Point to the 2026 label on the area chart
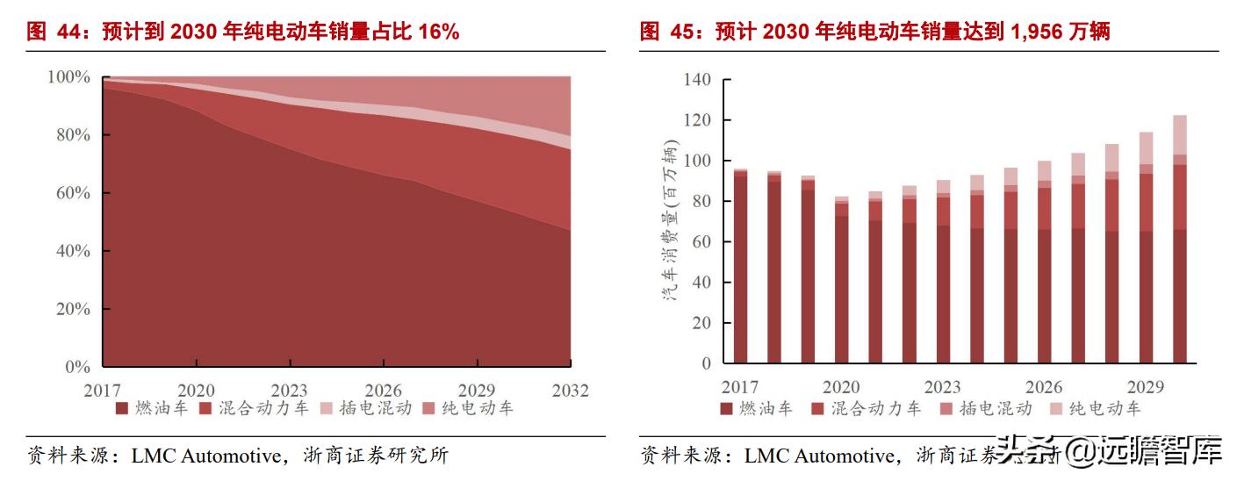point(384,391)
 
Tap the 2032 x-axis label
point(570,391)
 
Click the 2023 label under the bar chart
point(942,387)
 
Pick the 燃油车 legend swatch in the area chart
point(121,408)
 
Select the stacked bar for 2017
point(740,266)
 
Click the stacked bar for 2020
point(842,280)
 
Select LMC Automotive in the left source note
point(207,456)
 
